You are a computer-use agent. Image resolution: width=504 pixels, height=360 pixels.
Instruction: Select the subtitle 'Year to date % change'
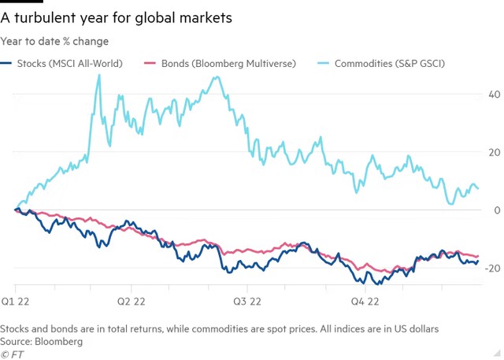pos(55,41)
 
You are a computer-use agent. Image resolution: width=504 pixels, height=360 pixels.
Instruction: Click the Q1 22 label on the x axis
pos(16,301)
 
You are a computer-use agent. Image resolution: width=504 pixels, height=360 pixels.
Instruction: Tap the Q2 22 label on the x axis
pos(132,301)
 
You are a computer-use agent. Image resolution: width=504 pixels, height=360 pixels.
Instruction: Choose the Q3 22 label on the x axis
pos(247,301)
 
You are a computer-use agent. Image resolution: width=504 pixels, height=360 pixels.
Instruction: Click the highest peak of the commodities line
pos(98,75)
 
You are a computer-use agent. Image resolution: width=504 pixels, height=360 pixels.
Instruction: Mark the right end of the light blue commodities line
pos(478,188)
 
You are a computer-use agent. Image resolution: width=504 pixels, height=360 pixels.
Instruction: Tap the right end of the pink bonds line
pos(478,255)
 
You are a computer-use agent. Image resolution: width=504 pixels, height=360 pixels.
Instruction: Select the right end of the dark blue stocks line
pos(478,261)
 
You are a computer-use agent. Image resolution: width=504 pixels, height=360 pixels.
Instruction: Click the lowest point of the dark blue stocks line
pos(379,284)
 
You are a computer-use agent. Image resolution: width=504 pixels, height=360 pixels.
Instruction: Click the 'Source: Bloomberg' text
pos(42,342)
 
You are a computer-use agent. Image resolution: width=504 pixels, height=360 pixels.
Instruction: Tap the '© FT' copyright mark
pos(13,354)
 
